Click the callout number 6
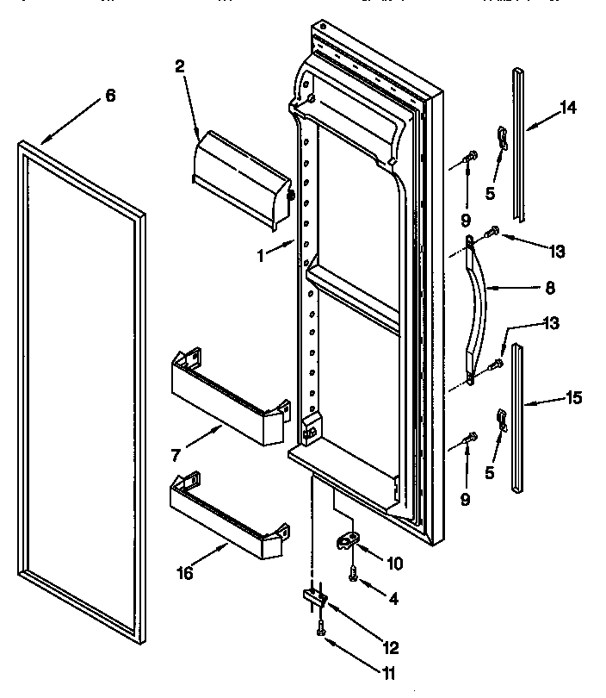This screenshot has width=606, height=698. pyautogui.click(x=109, y=96)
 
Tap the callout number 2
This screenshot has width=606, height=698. pyautogui.click(x=179, y=66)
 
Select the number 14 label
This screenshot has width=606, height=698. pyautogui.click(x=567, y=108)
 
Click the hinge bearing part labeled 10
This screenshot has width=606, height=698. pyautogui.click(x=347, y=540)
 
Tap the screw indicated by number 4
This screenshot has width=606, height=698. pyautogui.click(x=354, y=573)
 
